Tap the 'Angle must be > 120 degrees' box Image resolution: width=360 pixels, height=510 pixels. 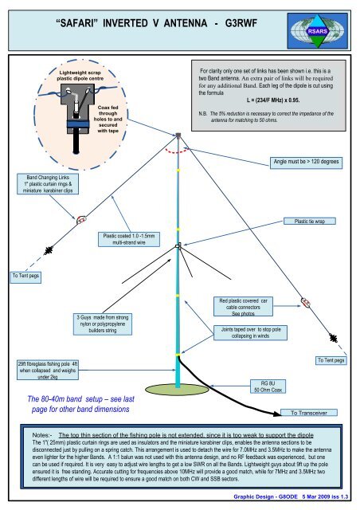pos(307,161)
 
